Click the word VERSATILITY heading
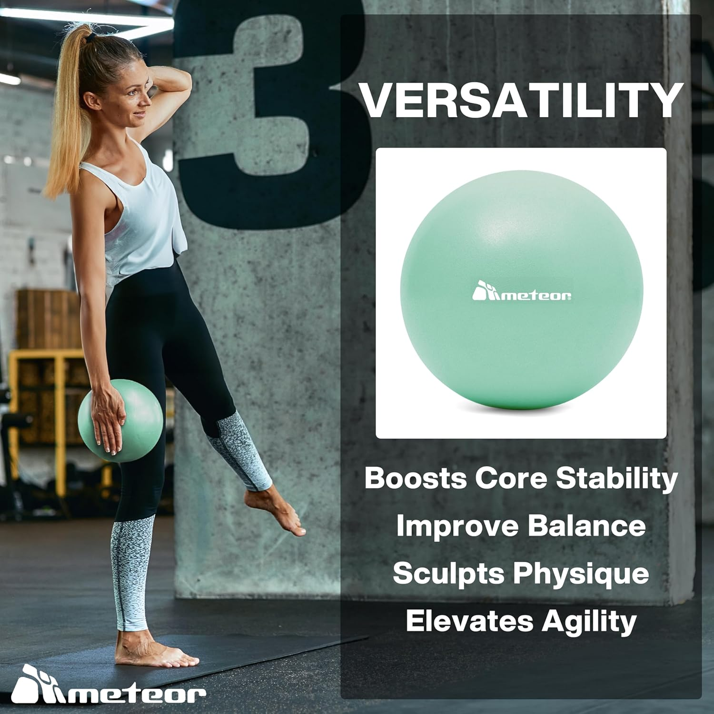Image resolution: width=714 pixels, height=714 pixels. click(x=521, y=101)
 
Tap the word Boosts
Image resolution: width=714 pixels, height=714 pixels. click(x=416, y=478)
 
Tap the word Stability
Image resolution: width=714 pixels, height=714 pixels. click(x=617, y=478)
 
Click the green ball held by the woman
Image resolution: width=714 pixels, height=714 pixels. click(x=121, y=419)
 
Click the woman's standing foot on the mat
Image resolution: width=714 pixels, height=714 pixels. click(x=152, y=652)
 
